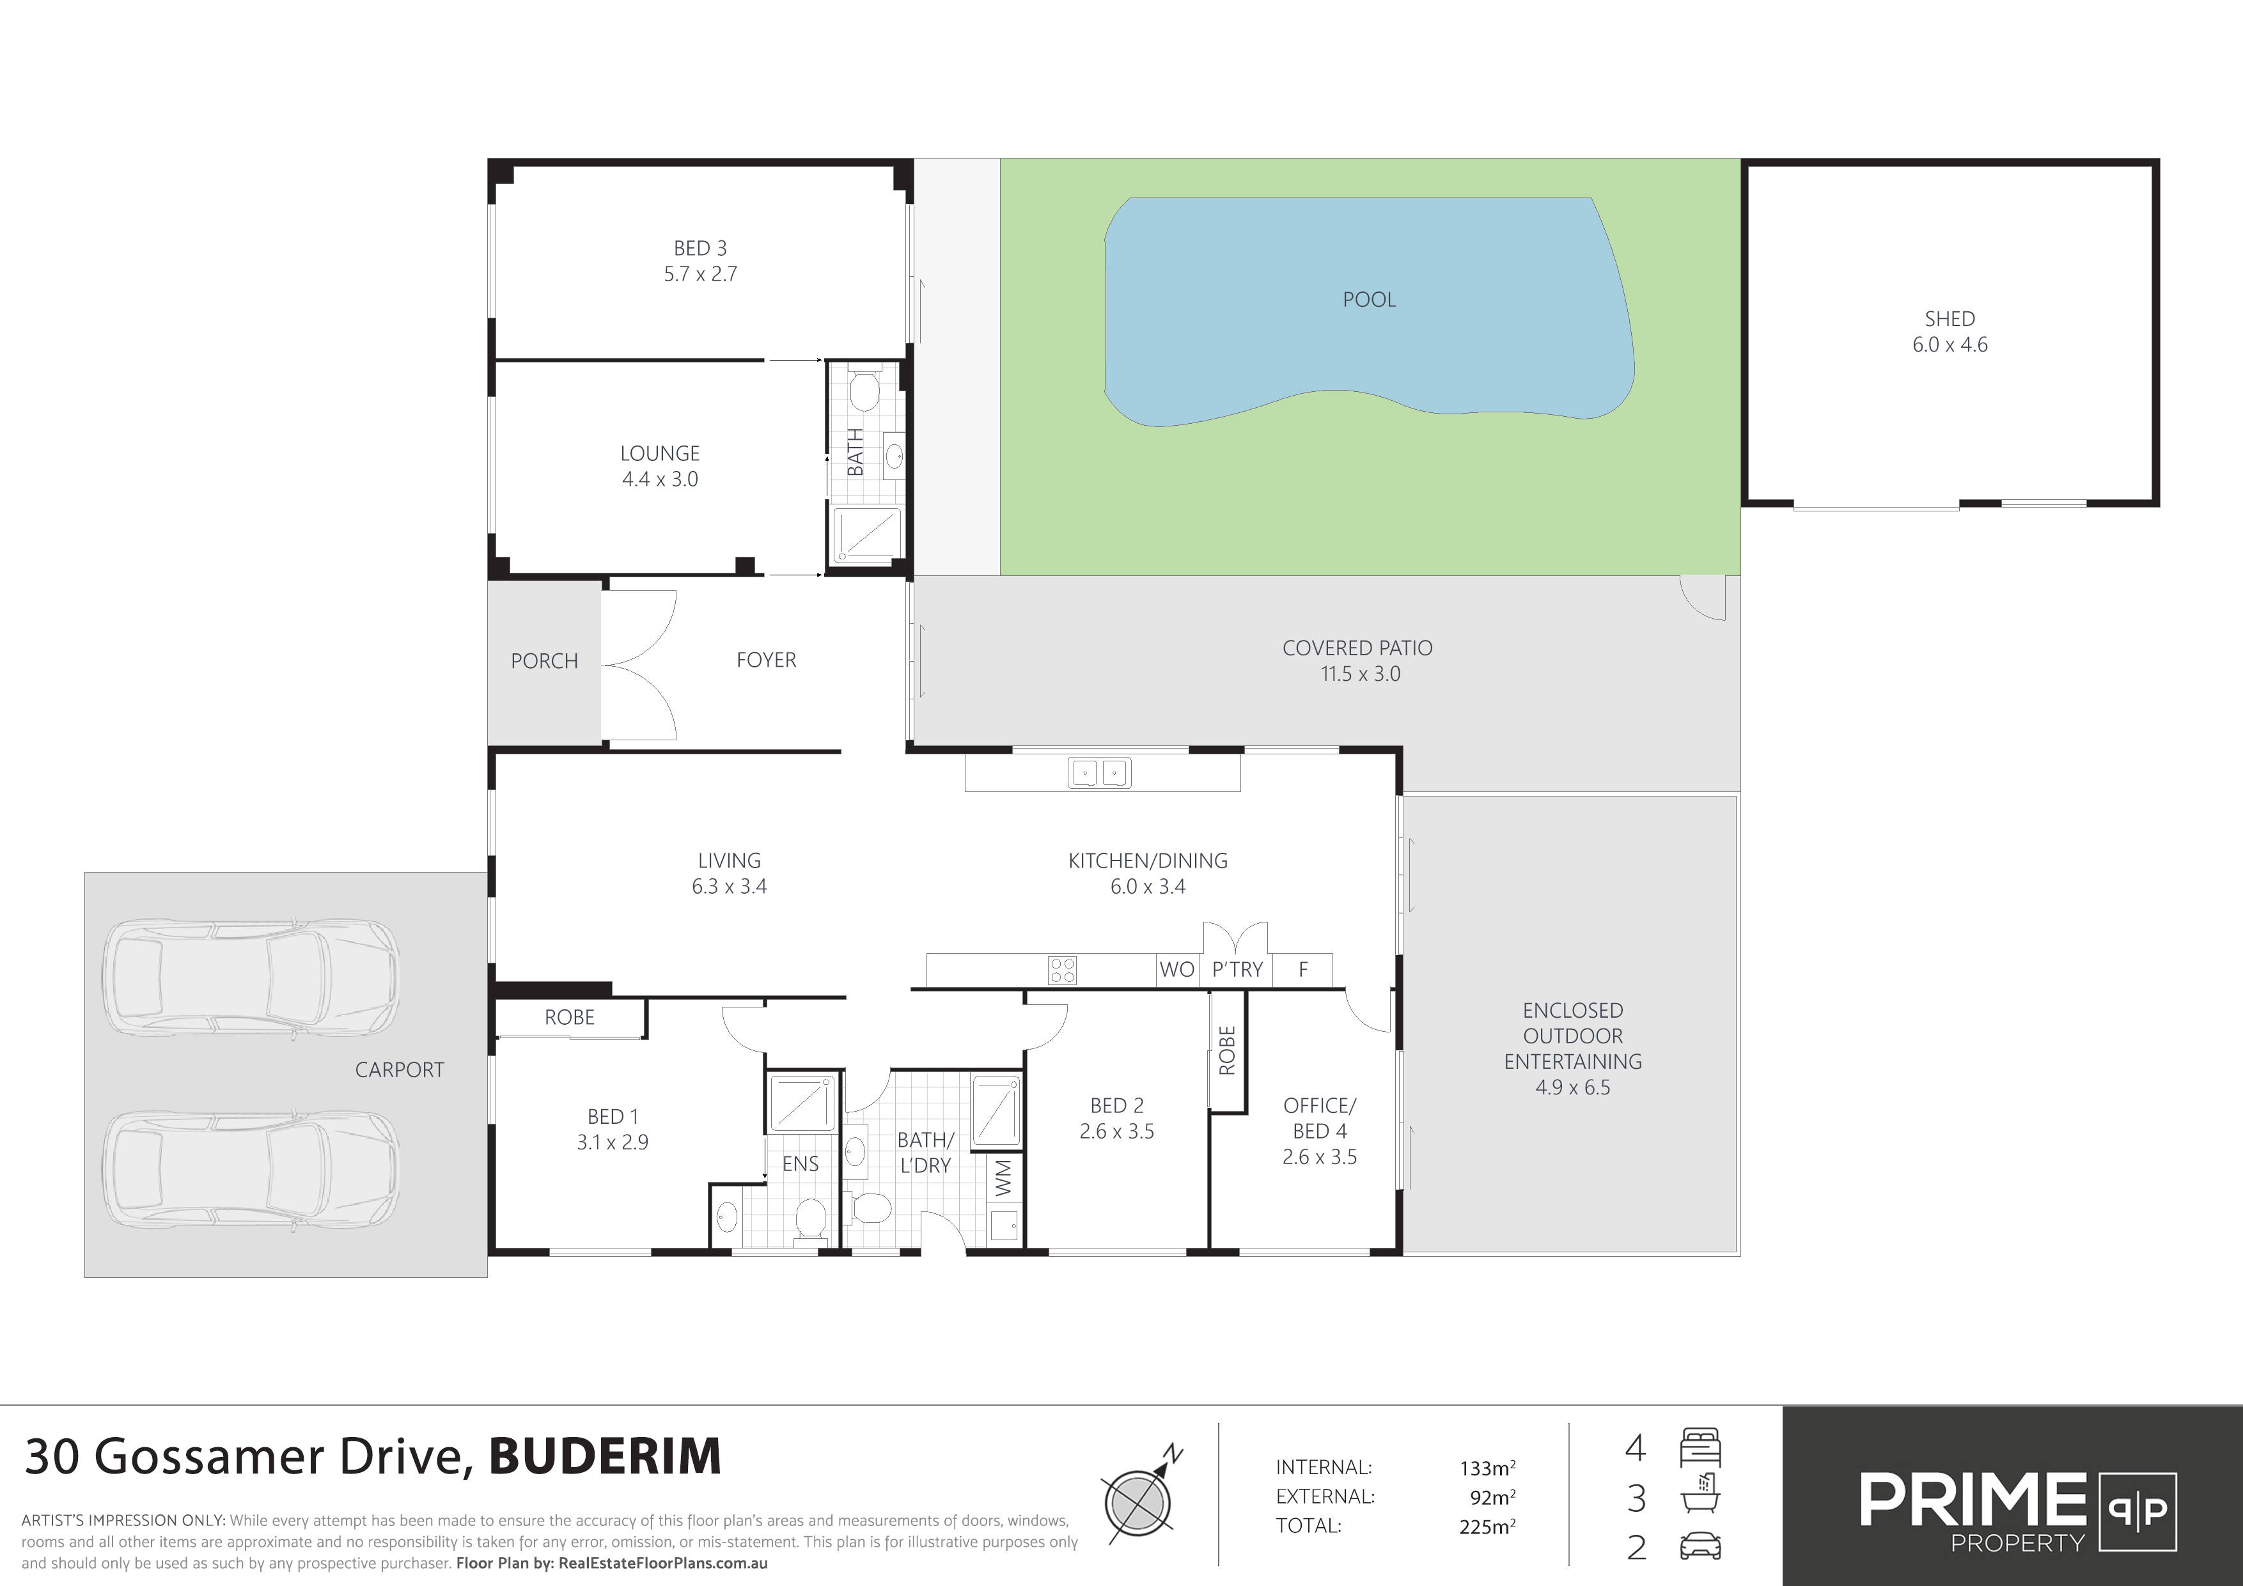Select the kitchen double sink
click(x=1100, y=772)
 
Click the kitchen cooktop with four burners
click(x=1062, y=970)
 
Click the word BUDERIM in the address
click(x=605, y=1456)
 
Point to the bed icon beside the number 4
click(x=1700, y=1447)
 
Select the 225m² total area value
click(x=1487, y=1525)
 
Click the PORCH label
click(x=544, y=661)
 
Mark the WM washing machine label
click(x=1003, y=1177)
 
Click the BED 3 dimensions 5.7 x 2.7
click(x=700, y=274)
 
